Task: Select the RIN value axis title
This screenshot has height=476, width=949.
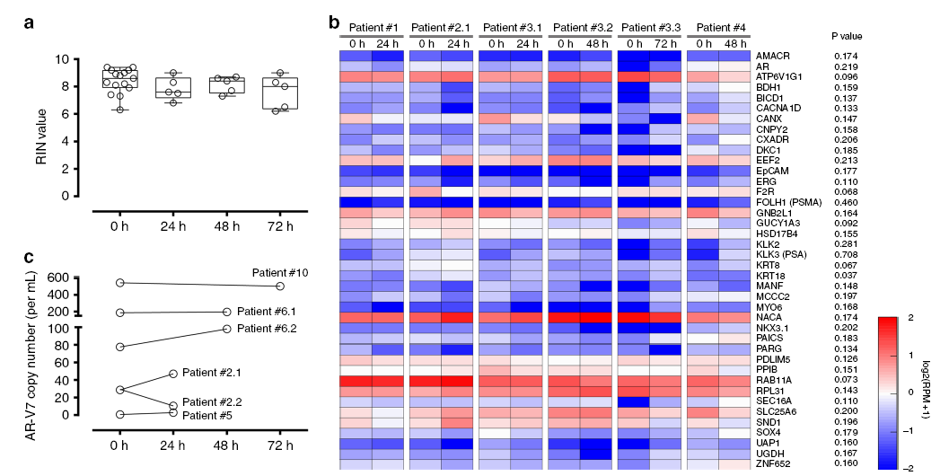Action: [41, 127]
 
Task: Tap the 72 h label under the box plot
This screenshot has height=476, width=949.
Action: [280, 225]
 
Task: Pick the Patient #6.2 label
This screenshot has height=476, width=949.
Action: [268, 328]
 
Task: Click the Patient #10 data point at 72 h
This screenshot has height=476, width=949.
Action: [280, 286]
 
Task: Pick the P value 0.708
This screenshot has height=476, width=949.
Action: [847, 254]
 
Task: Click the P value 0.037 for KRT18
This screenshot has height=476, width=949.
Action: [847, 275]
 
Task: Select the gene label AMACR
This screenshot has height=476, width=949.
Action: [773, 56]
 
